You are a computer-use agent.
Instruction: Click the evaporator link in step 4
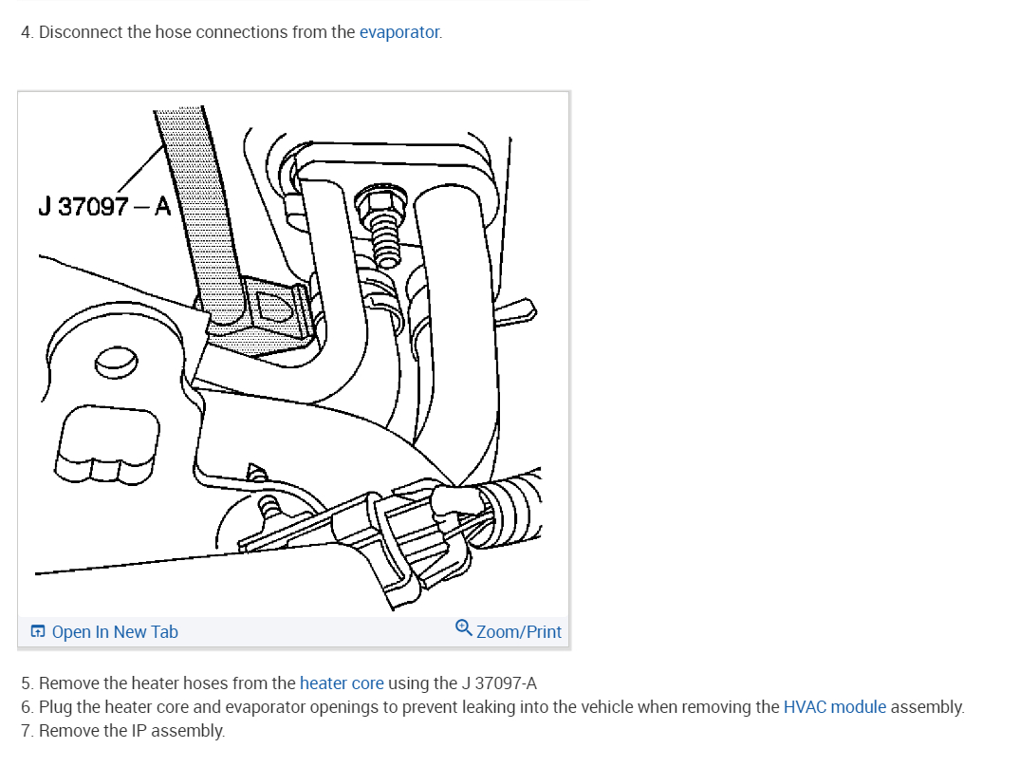point(399,32)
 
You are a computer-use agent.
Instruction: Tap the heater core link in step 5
point(342,683)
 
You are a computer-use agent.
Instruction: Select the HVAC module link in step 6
point(835,707)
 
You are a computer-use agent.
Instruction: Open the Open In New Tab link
point(115,632)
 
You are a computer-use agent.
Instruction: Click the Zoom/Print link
point(518,632)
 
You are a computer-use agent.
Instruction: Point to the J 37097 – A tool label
point(104,206)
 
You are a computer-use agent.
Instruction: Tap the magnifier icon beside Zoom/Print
point(463,628)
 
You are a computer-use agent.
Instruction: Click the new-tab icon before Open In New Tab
point(38,632)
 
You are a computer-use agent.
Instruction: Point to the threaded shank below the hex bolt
point(382,239)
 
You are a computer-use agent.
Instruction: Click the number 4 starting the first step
point(26,32)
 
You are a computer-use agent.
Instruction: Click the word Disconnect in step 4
point(82,32)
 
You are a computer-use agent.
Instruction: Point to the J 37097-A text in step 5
point(500,683)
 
